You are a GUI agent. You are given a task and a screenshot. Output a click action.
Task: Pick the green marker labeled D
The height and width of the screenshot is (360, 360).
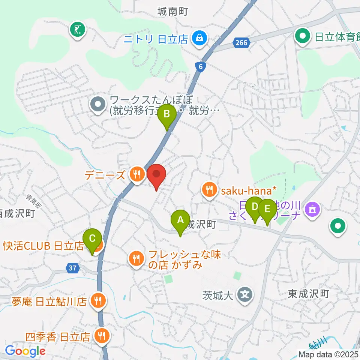pos(255,207)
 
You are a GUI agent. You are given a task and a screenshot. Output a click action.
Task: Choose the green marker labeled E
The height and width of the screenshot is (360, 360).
pos(267,208)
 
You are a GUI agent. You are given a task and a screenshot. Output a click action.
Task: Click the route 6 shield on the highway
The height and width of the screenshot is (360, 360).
pos(201,66)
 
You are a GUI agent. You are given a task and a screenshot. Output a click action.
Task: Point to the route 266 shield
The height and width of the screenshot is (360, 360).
pos(242,43)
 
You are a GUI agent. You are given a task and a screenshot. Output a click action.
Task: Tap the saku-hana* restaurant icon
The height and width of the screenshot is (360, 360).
pos(208,190)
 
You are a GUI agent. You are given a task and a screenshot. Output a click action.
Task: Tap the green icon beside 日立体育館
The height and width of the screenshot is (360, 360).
pos(302,36)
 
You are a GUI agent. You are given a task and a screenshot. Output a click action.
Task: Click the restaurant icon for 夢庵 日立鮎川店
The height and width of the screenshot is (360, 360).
pos(99,300)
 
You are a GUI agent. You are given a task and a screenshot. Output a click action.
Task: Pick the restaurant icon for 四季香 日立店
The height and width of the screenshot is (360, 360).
pos(101,336)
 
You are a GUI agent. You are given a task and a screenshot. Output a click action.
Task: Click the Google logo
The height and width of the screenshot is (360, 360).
pos(25,351)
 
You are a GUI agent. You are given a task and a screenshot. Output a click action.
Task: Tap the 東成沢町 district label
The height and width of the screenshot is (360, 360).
pos(309,294)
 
